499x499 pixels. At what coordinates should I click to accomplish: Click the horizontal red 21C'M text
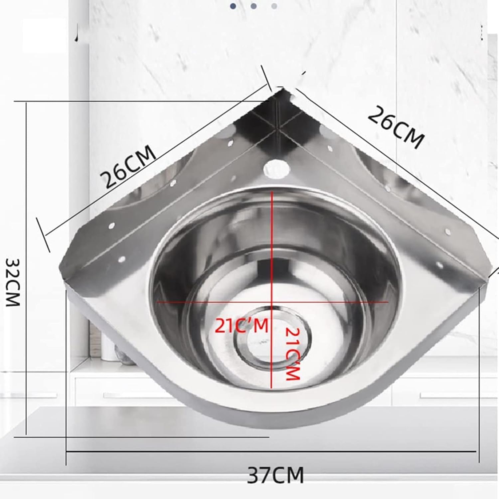241,326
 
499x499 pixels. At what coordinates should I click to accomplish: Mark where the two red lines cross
272,302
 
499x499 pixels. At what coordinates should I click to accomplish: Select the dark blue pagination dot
233,6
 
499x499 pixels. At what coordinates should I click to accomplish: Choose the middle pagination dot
253,6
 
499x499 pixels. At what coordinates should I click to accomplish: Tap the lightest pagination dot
274,6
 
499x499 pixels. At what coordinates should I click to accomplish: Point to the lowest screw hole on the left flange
121,258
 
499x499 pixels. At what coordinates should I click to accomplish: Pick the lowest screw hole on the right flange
439,265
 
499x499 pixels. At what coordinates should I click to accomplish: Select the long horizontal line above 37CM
271,451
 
